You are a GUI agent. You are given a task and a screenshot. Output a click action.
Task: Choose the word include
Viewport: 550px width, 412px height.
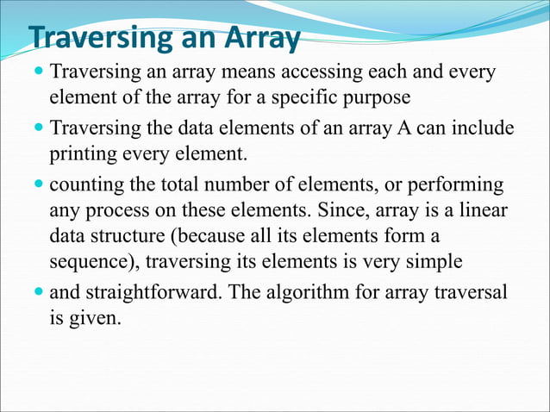(x=482, y=129)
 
